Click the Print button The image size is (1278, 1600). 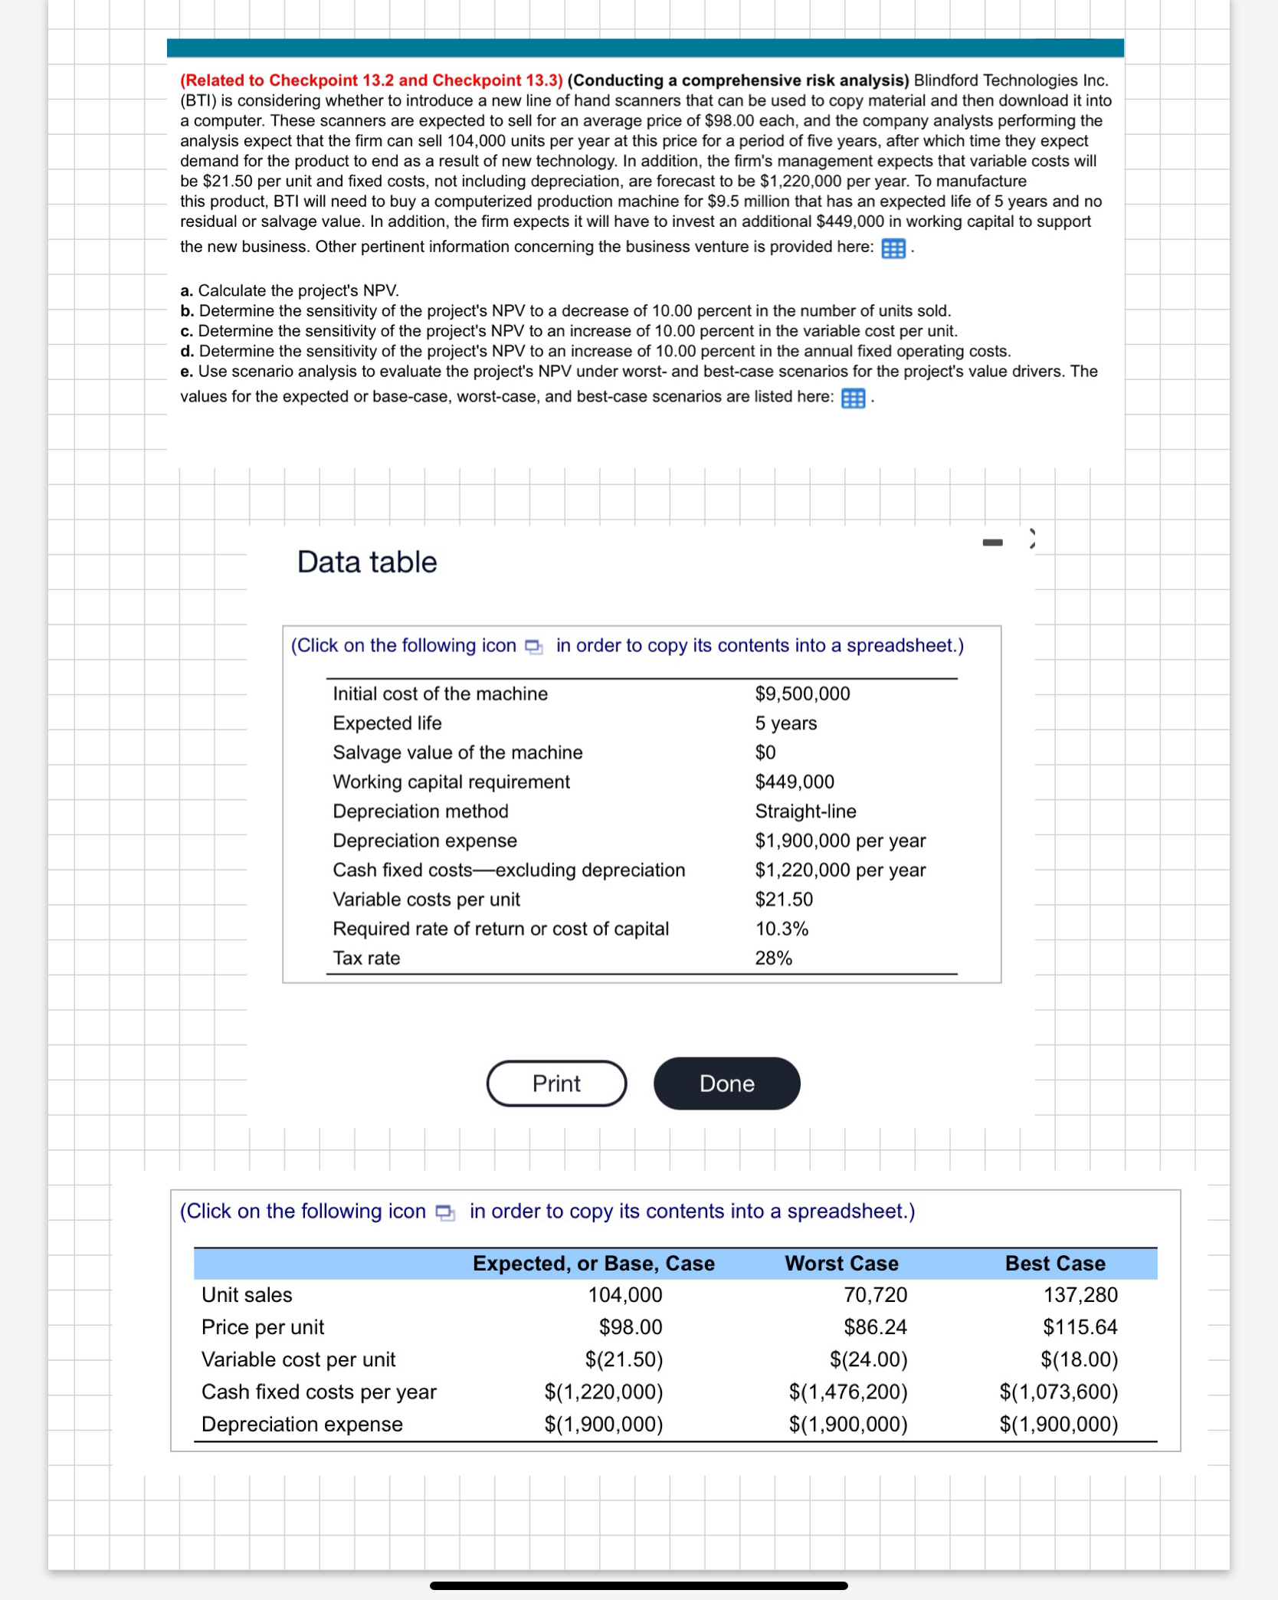(x=556, y=1083)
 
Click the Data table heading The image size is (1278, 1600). (x=367, y=562)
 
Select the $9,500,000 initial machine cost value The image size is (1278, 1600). (x=802, y=693)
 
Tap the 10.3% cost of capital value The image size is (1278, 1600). (x=782, y=929)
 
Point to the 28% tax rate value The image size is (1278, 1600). (x=773, y=958)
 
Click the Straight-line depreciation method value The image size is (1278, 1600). (x=805, y=811)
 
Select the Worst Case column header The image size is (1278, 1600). (x=841, y=1264)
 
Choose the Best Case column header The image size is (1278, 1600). (x=1054, y=1264)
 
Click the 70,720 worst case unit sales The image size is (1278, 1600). (x=875, y=1295)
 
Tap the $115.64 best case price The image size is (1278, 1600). (x=1080, y=1327)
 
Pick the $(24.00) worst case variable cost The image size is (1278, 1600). (x=868, y=1359)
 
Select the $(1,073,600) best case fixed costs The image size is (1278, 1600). (x=1058, y=1392)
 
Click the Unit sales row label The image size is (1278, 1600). (x=247, y=1295)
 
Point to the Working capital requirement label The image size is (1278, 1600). (x=451, y=782)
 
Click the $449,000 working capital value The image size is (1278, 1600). (x=795, y=782)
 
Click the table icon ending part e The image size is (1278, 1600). (x=853, y=398)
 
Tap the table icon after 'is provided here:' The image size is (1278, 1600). (x=893, y=248)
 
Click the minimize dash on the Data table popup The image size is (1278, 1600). (x=992, y=543)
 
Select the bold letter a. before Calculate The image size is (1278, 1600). (x=186, y=291)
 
